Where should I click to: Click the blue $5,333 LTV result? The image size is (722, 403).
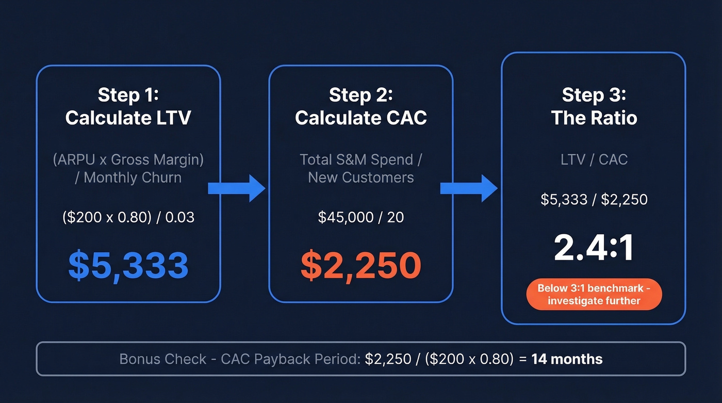pos(128,265)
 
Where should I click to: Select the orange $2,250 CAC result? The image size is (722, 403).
pos(361,265)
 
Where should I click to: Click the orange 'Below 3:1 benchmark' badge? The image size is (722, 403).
pos(594,295)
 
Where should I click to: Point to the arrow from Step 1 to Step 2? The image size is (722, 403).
pos(236,188)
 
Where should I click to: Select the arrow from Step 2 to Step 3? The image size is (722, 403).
pos(468,188)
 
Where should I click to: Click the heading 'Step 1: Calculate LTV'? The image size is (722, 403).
pos(128,106)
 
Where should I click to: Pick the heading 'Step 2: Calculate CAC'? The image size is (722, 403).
pos(361,106)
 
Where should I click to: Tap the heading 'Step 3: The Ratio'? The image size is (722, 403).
pos(594,106)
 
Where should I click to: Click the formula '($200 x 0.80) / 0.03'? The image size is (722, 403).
pos(128,217)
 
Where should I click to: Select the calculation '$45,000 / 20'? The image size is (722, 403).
pos(361,217)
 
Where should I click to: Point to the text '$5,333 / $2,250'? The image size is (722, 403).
pos(594,199)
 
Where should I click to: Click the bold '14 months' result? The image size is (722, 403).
pos(567,359)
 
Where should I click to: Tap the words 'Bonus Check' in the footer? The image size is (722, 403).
pos(162,359)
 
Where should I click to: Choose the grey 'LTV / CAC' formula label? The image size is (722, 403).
pos(594,159)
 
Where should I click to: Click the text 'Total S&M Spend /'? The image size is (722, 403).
pos(361,159)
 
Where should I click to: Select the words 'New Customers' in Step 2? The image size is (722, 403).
pos(361,178)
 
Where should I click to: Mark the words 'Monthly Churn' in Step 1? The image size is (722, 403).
pos(133,178)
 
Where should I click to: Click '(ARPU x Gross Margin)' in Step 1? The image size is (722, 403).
pos(128,159)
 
